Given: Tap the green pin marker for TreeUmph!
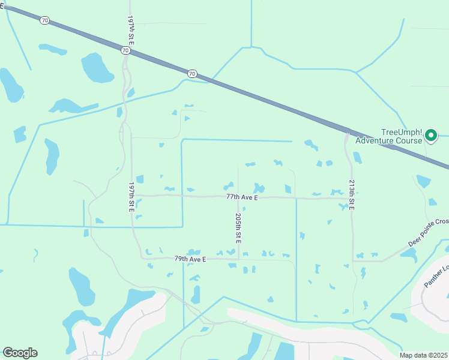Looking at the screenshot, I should (x=431, y=136).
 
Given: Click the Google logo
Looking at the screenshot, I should (x=20, y=353).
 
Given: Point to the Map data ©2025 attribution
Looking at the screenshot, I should (x=424, y=355).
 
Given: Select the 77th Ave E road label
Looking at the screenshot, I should (x=242, y=197).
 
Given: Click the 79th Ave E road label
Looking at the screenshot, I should (x=190, y=259).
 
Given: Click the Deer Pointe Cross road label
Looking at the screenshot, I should (x=428, y=232).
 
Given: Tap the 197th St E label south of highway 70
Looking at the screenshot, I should (x=131, y=197).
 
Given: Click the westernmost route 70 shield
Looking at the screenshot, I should (x=45, y=20).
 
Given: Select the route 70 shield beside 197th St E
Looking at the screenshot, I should (x=125, y=51).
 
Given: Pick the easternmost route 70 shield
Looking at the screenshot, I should (x=191, y=74).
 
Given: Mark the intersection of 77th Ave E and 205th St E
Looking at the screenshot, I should (x=238, y=196).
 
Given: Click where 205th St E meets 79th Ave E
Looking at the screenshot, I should (x=238, y=259).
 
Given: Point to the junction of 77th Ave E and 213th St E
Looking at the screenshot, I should (x=351, y=198).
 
